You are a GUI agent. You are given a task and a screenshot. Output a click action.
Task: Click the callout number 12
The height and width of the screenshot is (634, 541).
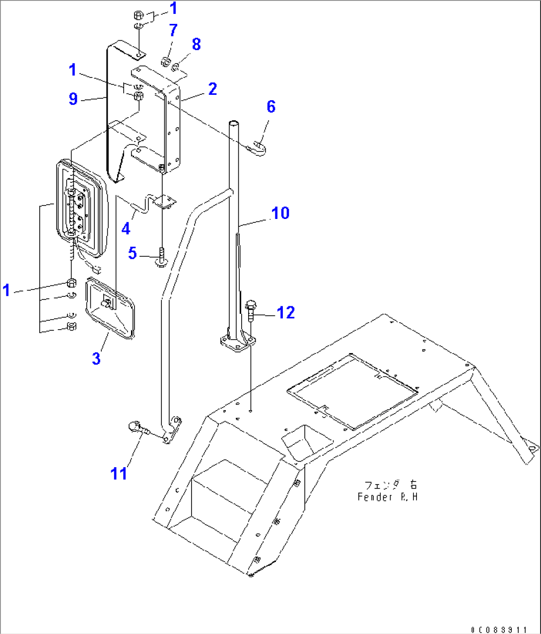pos(285,312)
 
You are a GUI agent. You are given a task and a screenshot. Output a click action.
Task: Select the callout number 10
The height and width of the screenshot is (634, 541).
pos(280,213)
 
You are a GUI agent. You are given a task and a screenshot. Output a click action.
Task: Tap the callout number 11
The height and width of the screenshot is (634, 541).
pos(119,474)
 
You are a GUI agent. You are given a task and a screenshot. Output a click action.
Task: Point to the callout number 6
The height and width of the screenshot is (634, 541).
pos(270,106)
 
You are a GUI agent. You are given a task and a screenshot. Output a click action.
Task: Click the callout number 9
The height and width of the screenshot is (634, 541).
pos(73,99)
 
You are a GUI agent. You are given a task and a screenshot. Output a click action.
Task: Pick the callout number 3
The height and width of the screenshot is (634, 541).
pos(96,358)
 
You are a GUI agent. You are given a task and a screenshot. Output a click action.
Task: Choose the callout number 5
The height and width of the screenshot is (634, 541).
pos(132,253)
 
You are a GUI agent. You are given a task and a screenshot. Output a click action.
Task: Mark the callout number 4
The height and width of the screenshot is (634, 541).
pos(126,228)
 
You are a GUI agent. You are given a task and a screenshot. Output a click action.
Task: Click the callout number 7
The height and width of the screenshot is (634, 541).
pos(173,30)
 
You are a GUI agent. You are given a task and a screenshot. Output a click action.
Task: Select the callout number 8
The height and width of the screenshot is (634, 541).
pos(196,44)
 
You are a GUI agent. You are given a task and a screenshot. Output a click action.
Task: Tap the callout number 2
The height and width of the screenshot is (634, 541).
pos(212,89)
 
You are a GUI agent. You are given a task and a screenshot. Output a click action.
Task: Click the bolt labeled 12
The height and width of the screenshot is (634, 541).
pos(251,310)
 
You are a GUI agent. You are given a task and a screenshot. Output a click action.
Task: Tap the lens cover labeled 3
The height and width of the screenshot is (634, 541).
pos(110,308)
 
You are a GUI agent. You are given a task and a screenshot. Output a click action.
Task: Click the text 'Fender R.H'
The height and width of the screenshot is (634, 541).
pos(387,496)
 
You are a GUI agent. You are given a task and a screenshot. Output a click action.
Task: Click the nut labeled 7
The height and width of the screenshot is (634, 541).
pos(166,62)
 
